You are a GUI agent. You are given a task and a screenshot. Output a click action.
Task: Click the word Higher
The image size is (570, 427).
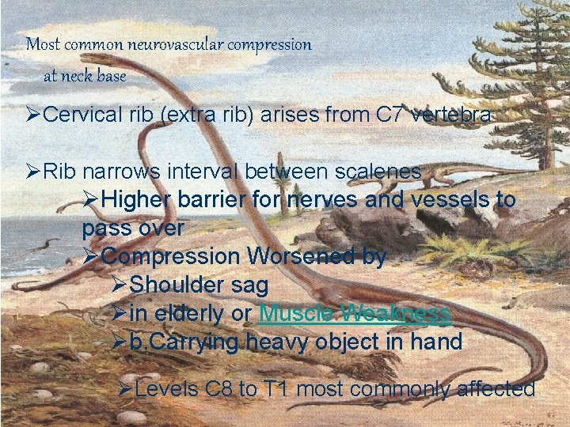(x=138, y=199)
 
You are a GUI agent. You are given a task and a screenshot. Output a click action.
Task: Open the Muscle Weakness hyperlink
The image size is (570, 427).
(x=355, y=313)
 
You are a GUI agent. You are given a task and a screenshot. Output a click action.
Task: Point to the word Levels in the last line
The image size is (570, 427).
(x=168, y=389)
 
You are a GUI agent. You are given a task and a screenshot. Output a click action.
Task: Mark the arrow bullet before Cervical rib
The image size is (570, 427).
(x=34, y=115)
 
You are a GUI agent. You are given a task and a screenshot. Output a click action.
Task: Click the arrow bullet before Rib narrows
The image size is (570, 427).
(x=34, y=171)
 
